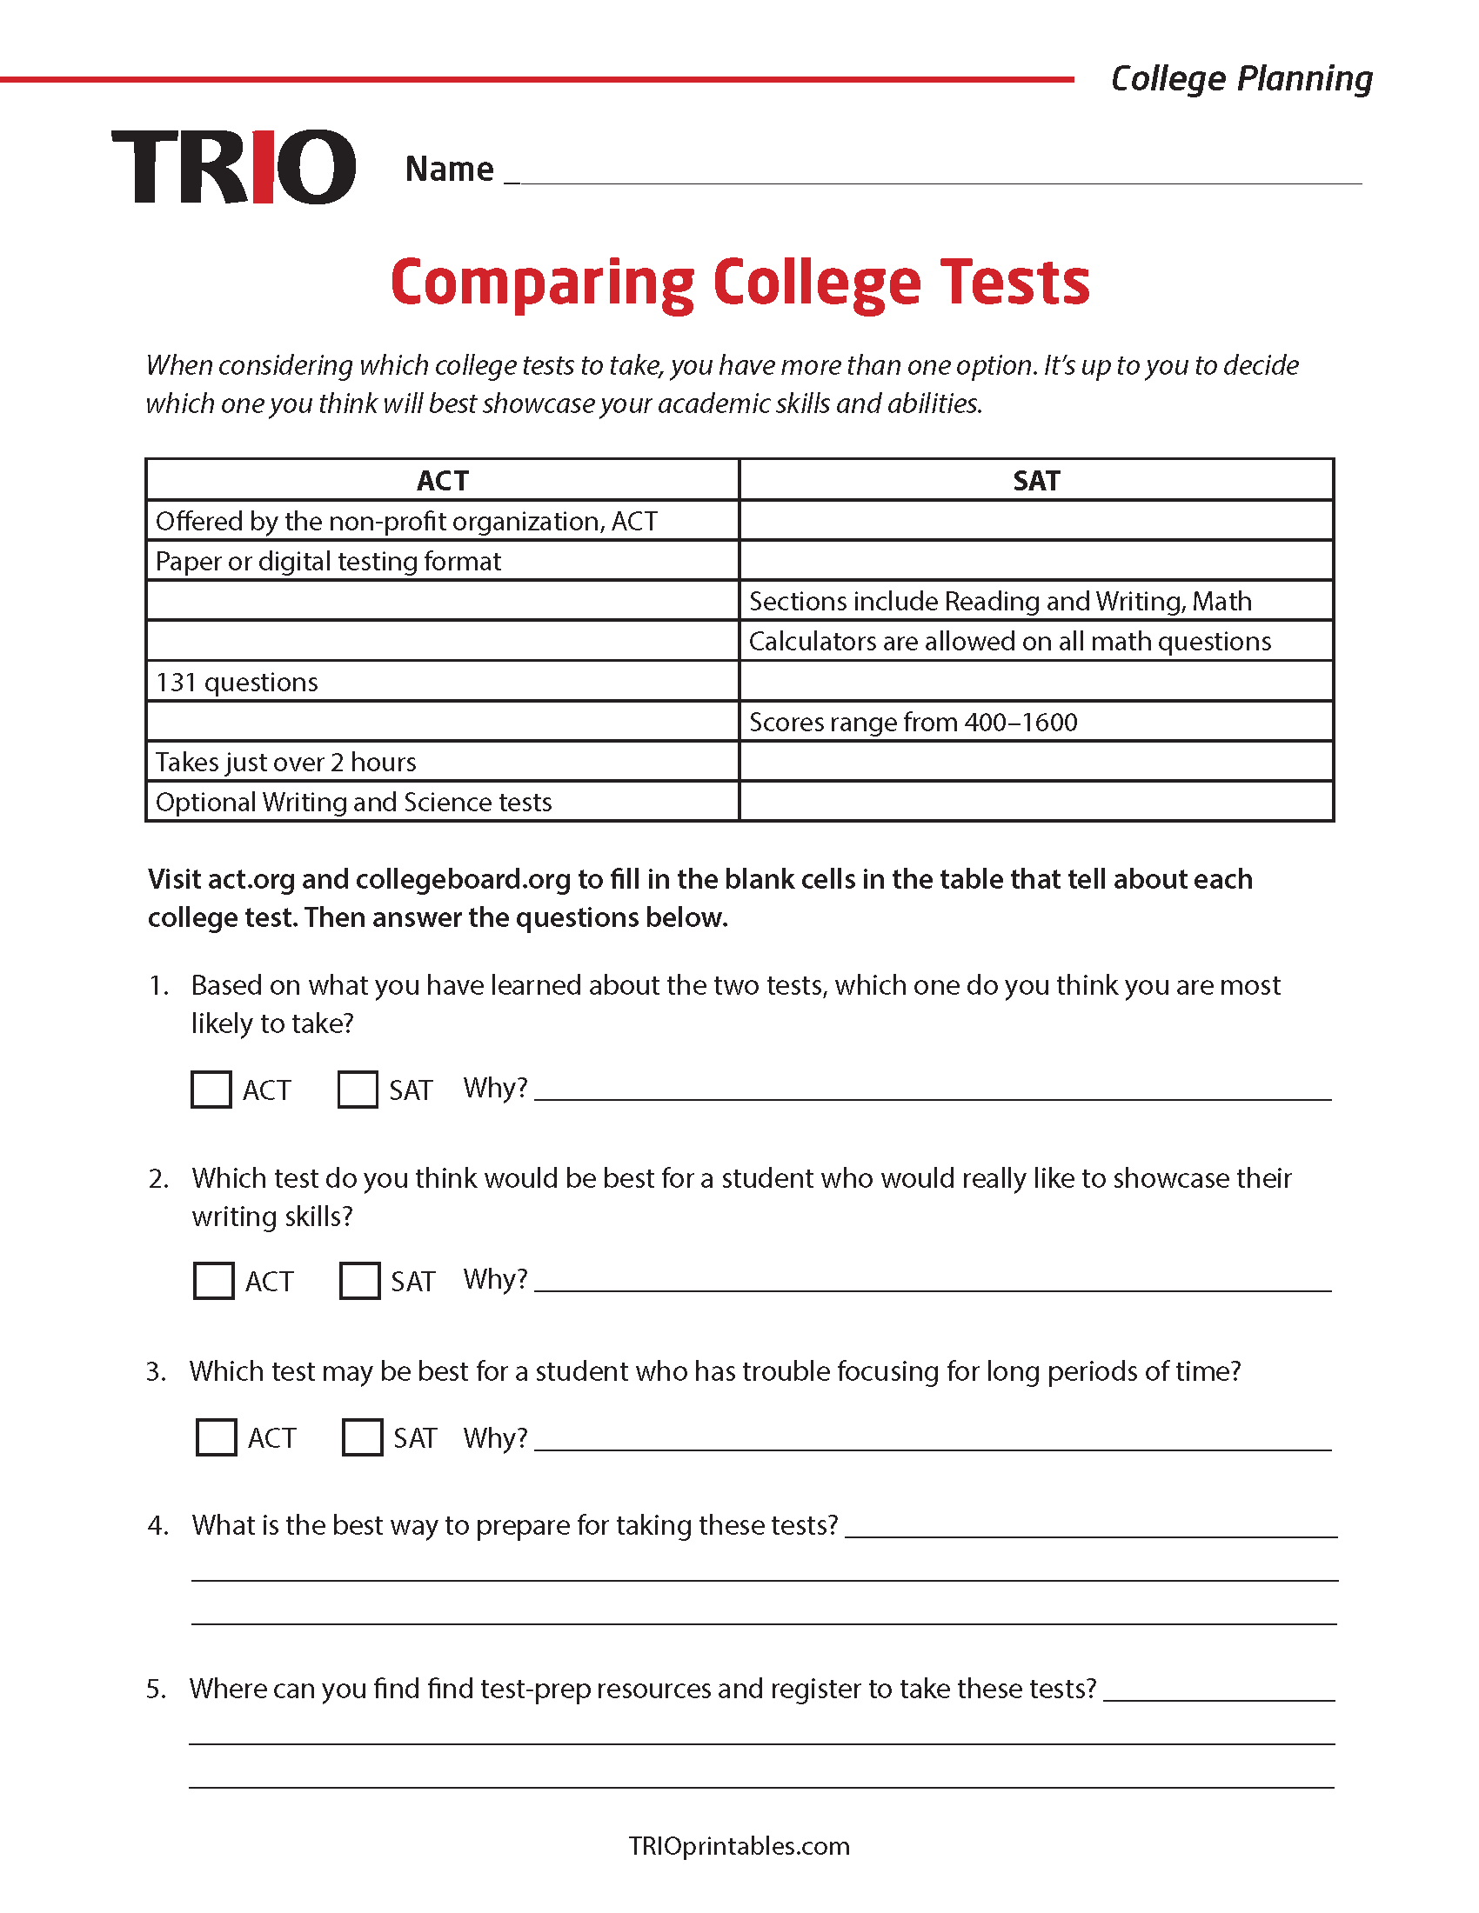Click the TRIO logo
(x=233, y=166)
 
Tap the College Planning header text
(x=1241, y=79)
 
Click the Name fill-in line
(x=938, y=175)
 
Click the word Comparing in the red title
(x=542, y=283)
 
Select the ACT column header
(x=443, y=480)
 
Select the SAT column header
(x=1036, y=480)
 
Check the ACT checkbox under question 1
(x=211, y=1090)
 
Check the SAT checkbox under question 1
(x=358, y=1090)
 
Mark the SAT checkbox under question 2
(x=359, y=1281)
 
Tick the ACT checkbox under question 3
(x=216, y=1437)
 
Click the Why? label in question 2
(x=495, y=1279)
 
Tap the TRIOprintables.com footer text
(x=739, y=1845)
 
